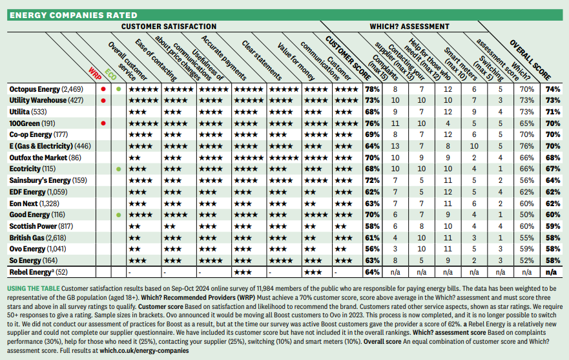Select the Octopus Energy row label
(43, 89)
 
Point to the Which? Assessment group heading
(409, 27)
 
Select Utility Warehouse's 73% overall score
(552, 100)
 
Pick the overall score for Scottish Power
(552, 226)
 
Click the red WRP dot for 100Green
(103, 123)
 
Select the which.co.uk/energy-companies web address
(144, 350)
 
